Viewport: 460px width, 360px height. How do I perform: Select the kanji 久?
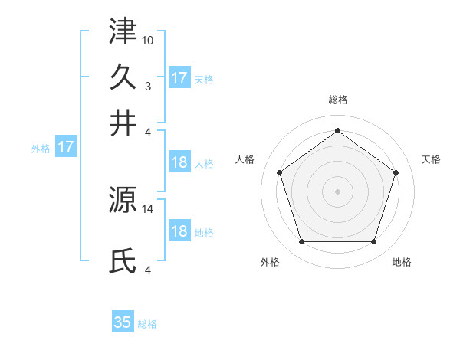123,77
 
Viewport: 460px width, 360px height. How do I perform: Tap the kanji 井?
123,123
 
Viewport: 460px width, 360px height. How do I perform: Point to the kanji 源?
123,200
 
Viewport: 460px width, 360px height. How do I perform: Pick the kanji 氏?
123,261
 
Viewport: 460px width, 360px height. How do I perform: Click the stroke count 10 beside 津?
148,38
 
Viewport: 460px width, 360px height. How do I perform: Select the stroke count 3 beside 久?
148,85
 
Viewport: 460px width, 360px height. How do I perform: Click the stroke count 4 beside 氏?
148,269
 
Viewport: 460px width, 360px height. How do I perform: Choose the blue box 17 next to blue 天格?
179,78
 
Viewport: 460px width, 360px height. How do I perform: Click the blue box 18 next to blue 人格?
179,162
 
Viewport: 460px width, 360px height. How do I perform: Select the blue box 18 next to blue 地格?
179,232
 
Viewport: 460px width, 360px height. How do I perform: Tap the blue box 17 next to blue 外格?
65,147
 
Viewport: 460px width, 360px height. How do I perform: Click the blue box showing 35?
123,322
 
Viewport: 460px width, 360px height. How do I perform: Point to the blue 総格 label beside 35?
148,324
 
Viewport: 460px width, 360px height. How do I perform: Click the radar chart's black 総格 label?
337,100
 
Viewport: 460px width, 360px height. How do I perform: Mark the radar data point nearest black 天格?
396,172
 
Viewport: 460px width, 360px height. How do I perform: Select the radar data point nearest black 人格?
279,172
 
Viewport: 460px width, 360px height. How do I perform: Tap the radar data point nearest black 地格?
373,241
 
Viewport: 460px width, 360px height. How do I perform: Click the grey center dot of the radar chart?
337,191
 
